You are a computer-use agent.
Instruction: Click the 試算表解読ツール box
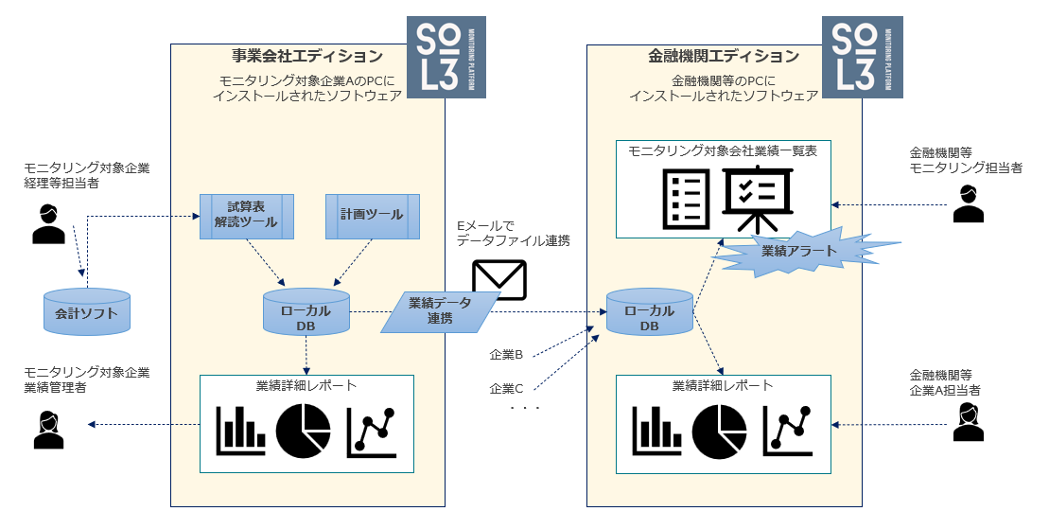click(x=246, y=215)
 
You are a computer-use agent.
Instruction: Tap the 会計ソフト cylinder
click(x=87, y=311)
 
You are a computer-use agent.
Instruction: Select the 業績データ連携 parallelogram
click(x=440, y=311)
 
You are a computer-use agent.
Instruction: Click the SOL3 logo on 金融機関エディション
click(x=862, y=57)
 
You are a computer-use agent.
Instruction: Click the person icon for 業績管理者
click(x=46, y=429)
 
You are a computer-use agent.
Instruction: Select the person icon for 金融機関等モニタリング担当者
click(x=968, y=203)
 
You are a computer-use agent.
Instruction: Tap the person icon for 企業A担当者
click(x=968, y=423)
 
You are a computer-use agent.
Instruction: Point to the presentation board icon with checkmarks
click(x=758, y=199)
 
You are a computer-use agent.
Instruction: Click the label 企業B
click(x=506, y=355)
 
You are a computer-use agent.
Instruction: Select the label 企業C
click(x=506, y=388)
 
